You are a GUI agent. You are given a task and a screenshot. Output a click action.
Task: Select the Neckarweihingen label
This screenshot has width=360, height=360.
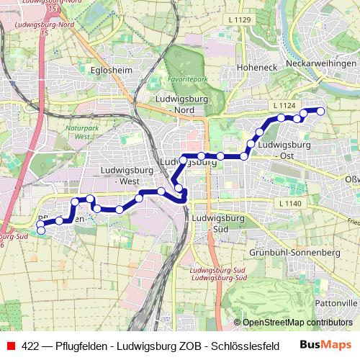(321, 63)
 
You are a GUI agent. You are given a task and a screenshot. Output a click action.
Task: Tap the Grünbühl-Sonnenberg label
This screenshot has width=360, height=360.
(294, 253)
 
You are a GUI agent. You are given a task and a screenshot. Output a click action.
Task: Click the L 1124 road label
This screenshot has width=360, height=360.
(285, 106)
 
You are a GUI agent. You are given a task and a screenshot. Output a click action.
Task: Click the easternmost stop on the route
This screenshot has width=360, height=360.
(320, 110)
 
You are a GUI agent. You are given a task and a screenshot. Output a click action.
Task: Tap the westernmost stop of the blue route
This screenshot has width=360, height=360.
(41, 230)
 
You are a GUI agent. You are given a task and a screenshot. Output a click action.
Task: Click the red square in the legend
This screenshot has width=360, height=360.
(9, 346)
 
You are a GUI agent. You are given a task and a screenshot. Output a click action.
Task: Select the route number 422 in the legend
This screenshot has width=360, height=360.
(31, 346)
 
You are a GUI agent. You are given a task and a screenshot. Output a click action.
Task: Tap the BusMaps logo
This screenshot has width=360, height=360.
(325, 345)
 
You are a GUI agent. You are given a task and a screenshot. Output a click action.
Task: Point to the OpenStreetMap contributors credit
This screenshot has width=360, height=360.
(295, 322)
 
